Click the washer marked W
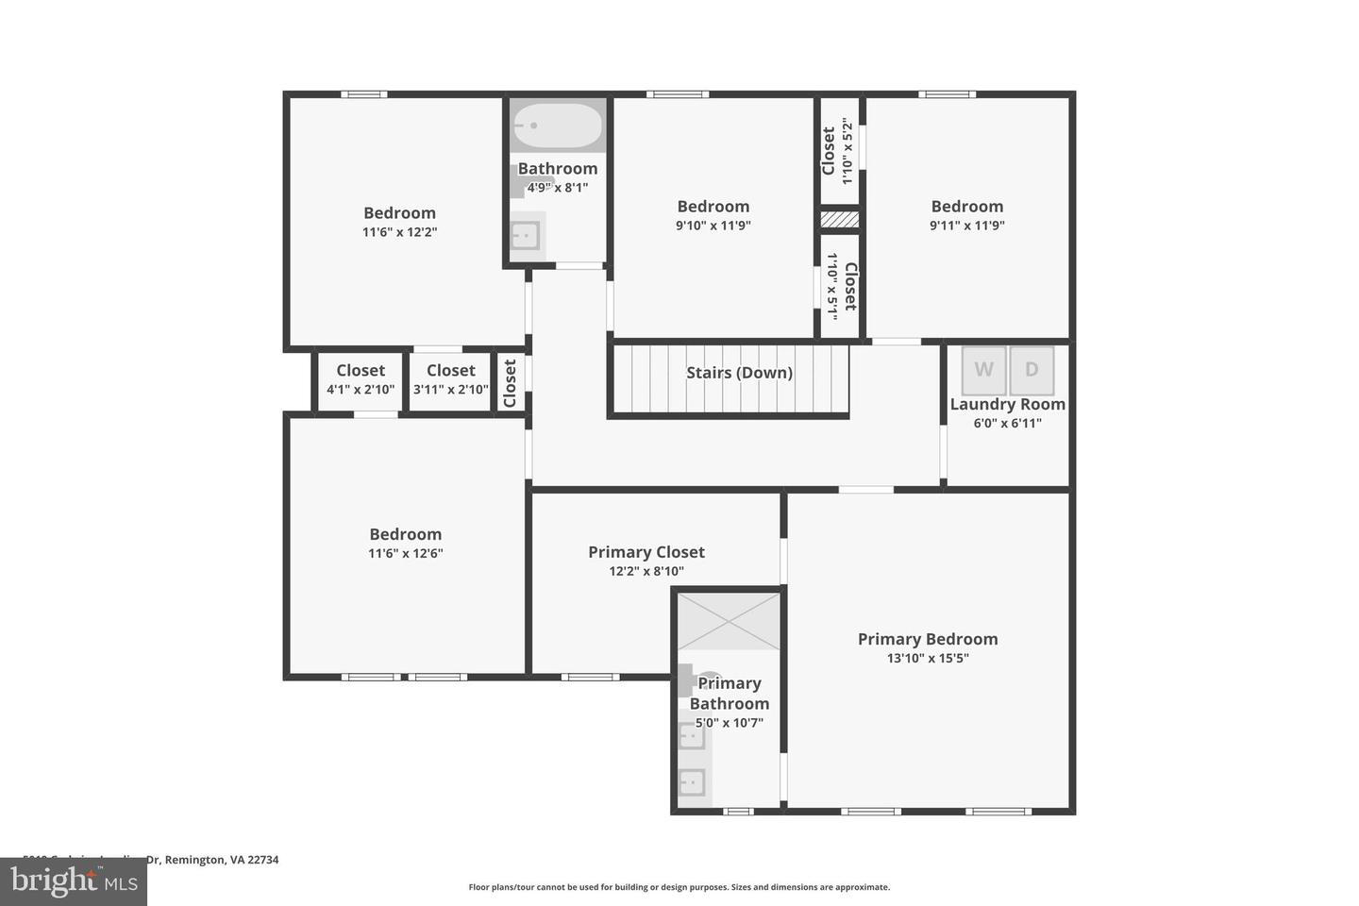click(983, 370)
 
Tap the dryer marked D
click(1031, 370)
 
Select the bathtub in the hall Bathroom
click(557, 126)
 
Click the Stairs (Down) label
click(739, 373)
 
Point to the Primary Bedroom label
click(927, 639)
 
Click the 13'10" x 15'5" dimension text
click(927, 659)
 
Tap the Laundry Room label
click(1007, 404)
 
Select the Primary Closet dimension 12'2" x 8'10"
click(646, 571)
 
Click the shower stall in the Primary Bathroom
click(729, 621)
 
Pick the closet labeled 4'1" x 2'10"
click(361, 380)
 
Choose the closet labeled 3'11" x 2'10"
click(450, 380)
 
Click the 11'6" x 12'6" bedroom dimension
click(405, 554)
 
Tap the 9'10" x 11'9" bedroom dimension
click(713, 226)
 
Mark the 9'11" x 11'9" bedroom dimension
click(966, 226)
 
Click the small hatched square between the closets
click(838, 219)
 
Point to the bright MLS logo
click(74, 881)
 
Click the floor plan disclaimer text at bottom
click(679, 887)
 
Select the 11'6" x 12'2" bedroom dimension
click(399, 232)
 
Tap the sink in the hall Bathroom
click(525, 235)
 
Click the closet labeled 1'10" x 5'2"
click(838, 151)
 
